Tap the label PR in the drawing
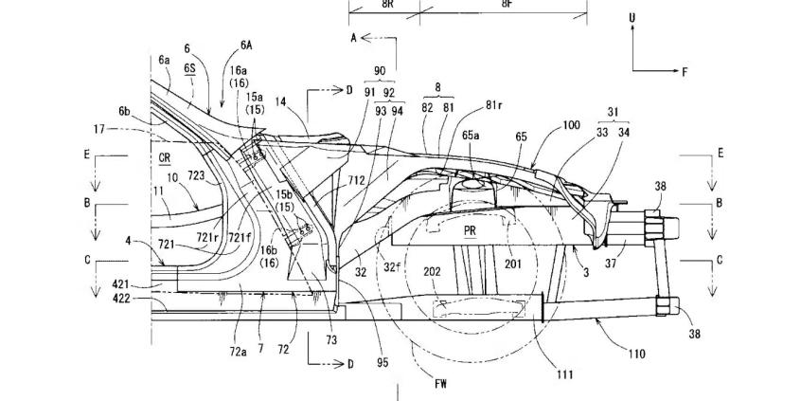[470, 230]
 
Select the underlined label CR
[165, 158]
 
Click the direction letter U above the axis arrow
[632, 18]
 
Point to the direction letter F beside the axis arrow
[685, 72]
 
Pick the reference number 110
[637, 353]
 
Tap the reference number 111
[564, 374]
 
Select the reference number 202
[431, 273]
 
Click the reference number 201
[513, 264]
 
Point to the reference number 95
[383, 363]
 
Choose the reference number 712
[357, 180]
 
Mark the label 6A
[246, 45]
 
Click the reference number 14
[279, 101]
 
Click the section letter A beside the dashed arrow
[353, 37]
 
